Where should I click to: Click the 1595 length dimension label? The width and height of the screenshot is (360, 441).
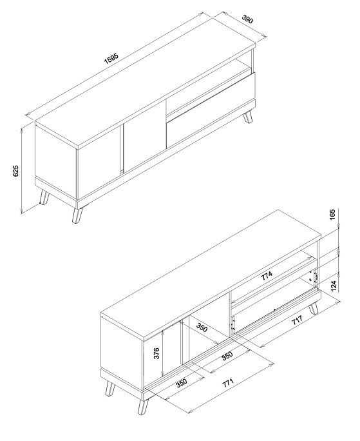coord(111,59)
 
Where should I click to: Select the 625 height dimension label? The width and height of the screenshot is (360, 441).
coord(15,171)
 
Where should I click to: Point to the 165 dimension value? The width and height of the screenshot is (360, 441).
coord(332,215)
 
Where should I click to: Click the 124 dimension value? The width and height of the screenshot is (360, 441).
coord(334,286)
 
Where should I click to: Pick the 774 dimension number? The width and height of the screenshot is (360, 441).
coord(267,276)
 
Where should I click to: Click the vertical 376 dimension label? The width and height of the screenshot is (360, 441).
coord(156,353)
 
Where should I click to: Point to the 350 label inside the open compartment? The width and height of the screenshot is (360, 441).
coord(202,328)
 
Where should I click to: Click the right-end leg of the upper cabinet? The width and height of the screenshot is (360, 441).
coord(248,117)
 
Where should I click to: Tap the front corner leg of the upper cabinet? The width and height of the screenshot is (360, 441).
coord(77,215)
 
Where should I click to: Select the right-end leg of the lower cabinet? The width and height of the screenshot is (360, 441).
coord(314,309)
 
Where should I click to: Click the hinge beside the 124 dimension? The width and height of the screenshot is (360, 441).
coord(316,277)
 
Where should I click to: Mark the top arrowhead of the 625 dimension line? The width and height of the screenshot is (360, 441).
coord(22,130)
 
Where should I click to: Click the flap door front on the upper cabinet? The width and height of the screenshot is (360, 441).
coord(211,110)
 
